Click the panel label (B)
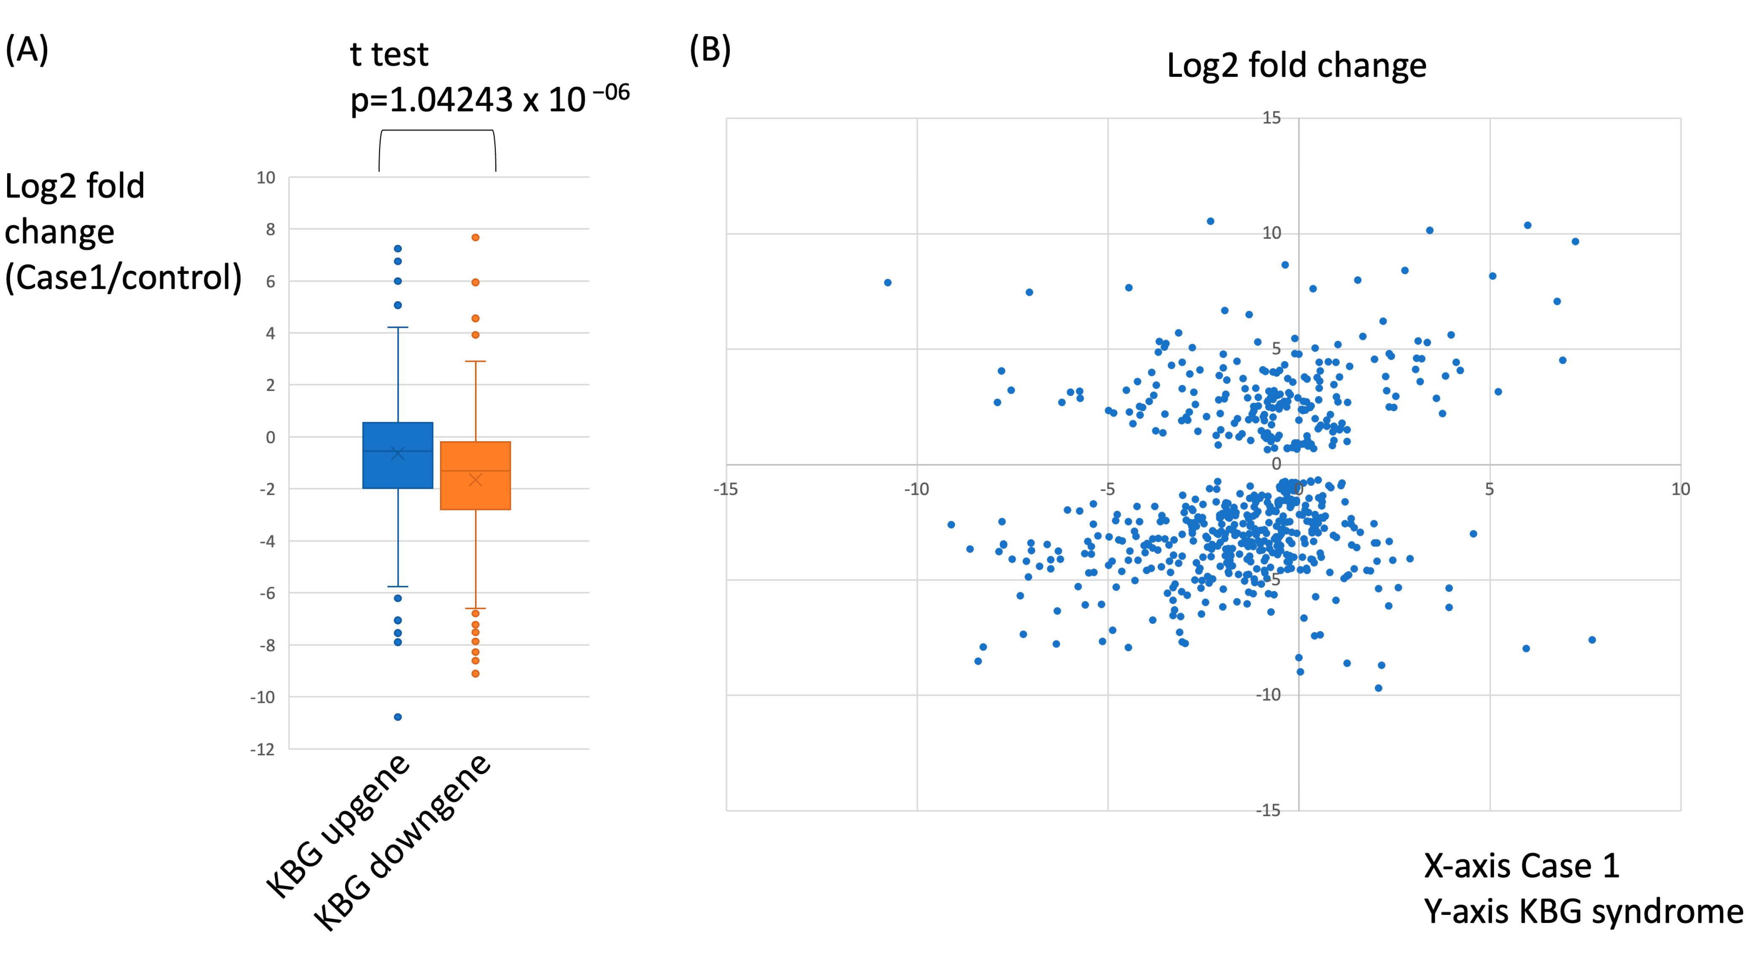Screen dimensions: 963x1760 tap(710, 50)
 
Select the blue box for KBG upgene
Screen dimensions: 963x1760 tap(398, 456)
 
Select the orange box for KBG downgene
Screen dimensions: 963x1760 tap(475, 476)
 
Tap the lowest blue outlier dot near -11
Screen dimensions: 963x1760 tap(398, 716)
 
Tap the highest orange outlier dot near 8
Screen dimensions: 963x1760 tap(475, 237)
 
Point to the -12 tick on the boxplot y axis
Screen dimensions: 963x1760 tap(262, 749)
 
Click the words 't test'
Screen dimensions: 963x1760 tap(389, 55)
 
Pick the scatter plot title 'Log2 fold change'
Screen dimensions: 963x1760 tap(1296, 66)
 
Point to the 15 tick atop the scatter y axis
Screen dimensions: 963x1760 tap(1271, 118)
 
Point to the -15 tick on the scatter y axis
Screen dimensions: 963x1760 tap(1268, 810)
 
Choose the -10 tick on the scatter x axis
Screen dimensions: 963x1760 tap(916, 489)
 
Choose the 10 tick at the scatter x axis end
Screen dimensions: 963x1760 tap(1681, 489)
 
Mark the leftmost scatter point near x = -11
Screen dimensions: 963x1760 tap(888, 283)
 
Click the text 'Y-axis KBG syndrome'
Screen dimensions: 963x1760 tap(1583, 912)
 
